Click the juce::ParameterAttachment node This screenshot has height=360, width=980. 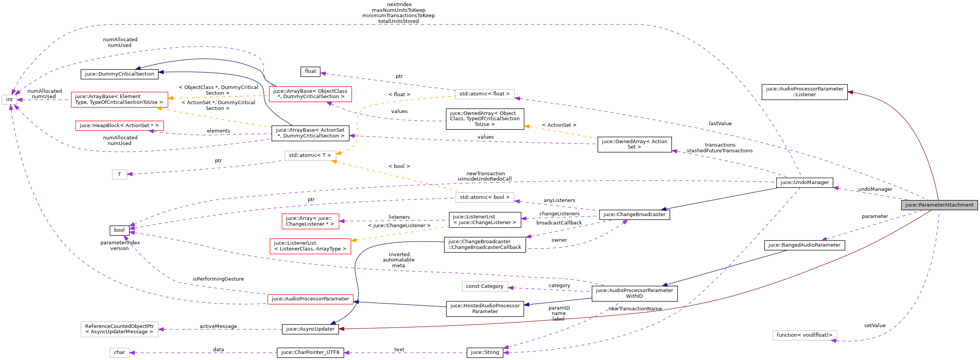(939, 205)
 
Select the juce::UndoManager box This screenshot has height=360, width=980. (804, 182)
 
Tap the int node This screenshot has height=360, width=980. (9, 100)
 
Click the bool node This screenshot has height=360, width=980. (119, 230)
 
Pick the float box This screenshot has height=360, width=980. (310, 71)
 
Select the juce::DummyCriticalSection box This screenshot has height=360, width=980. (119, 74)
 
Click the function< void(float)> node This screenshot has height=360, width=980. (804, 335)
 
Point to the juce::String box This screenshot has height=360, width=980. (484, 352)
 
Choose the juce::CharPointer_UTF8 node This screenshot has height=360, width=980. (310, 352)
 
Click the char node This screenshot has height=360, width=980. (119, 352)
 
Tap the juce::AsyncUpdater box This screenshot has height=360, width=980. (310, 329)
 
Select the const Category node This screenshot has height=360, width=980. (484, 286)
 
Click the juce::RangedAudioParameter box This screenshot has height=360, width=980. (804, 245)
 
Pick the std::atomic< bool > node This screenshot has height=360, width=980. (484, 197)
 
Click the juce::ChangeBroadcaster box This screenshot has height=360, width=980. (634, 215)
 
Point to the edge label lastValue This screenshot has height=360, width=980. (720, 124)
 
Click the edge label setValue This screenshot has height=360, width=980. (875, 326)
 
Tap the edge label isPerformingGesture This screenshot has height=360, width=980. (218, 279)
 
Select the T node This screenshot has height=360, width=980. (119, 174)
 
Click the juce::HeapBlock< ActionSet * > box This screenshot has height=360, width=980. (119, 126)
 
